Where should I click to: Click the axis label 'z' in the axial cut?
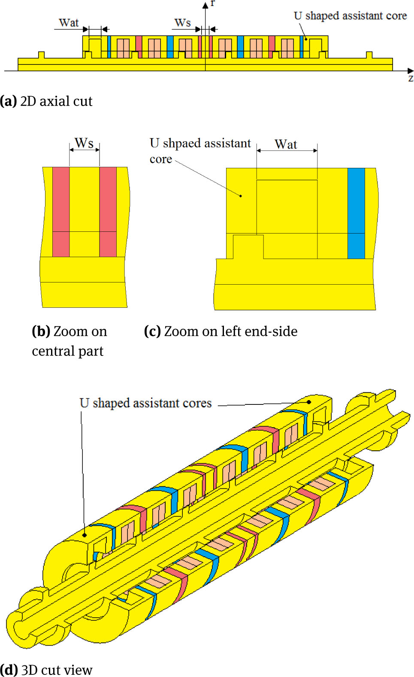click(x=411, y=79)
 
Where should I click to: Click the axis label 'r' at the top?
click(x=212, y=3)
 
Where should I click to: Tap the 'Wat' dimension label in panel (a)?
click(x=69, y=23)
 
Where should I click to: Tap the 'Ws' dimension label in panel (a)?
click(x=182, y=23)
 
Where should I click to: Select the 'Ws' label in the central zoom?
click(x=84, y=143)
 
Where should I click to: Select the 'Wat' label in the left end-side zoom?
click(x=286, y=145)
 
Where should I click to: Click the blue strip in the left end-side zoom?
click(x=356, y=213)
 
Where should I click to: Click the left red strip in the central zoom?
click(x=61, y=212)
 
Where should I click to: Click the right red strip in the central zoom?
click(x=108, y=212)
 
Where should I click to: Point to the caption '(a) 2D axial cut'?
click(x=46, y=101)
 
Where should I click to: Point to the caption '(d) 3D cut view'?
click(x=46, y=670)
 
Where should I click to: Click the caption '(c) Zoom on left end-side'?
click(x=221, y=331)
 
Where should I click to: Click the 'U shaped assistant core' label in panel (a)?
click(x=350, y=16)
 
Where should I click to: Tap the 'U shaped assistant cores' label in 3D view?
click(x=145, y=404)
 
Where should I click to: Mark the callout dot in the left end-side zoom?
click(x=241, y=196)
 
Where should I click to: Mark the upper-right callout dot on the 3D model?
click(x=309, y=402)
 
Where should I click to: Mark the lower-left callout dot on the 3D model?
click(x=85, y=535)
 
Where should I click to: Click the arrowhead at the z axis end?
click(x=411, y=71)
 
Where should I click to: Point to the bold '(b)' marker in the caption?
click(x=41, y=331)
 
